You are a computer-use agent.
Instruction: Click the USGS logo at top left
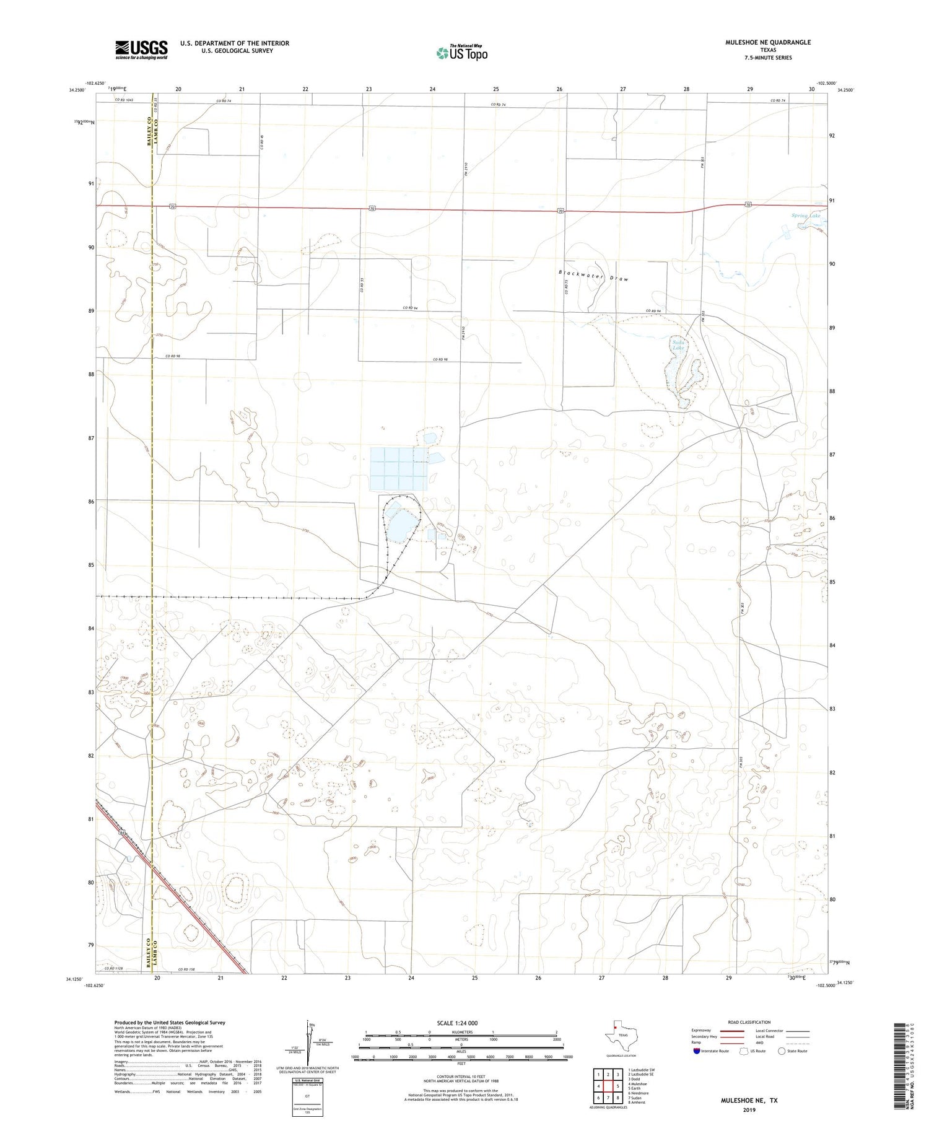point(141,50)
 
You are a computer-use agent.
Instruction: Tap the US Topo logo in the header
point(461,53)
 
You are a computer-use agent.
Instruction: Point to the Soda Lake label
point(679,345)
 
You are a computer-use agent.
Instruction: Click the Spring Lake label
point(806,216)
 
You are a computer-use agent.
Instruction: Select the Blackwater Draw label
point(593,276)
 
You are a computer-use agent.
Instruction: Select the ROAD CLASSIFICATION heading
point(749,1022)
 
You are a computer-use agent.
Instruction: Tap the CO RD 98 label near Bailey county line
point(172,356)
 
